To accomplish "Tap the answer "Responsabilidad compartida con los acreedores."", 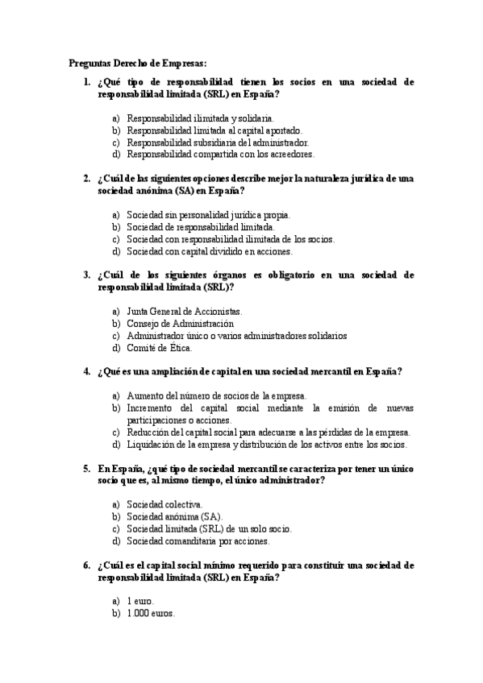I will click(220, 154).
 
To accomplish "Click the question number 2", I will click(86, 178).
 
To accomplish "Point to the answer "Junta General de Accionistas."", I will click(185, 311).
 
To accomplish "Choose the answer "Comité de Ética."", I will click(159, 348).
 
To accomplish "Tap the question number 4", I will click(86, 371).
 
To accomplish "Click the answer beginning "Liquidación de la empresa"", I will click(267, 444).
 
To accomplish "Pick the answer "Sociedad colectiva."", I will click(159, 504).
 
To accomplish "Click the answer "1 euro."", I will click(139, 601).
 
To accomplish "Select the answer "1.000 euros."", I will click(150, 613).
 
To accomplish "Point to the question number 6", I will click(86, 565).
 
